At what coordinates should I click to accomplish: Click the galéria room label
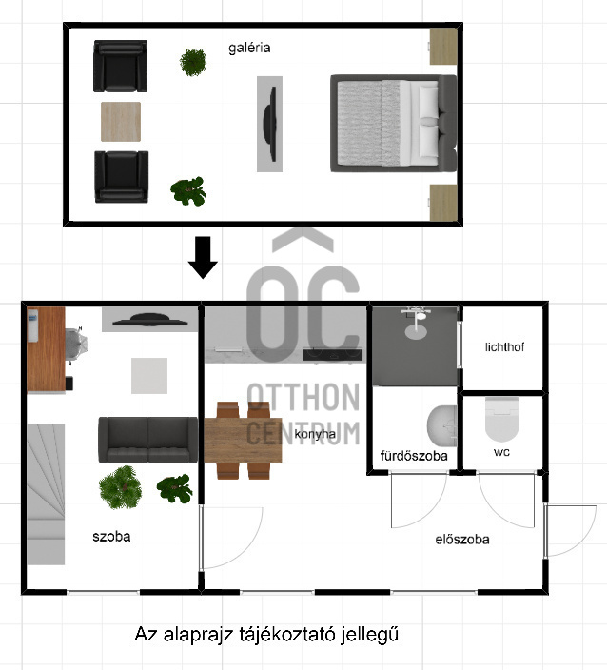pos(249,48)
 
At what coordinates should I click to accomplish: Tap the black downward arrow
pos(203,257)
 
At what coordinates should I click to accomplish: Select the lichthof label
pos(504,347)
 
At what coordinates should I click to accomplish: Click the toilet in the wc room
pos(501,419)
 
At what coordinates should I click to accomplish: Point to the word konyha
pos(315,434)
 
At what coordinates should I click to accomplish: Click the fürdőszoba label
pos(414,456)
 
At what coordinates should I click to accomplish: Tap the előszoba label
pos(462,540)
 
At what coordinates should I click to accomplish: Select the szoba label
pos(111,536)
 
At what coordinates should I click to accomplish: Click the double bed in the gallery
pos(394,124)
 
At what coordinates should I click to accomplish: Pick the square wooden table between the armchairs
pos(121,122)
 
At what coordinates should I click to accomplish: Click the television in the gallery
pos(269,124)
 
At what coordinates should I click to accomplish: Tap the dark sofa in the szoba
pos(148,440)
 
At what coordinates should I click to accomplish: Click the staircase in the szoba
pos(46,494)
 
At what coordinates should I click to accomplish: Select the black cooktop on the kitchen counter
pos(333,354)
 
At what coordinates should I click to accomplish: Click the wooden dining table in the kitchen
pos(243,440)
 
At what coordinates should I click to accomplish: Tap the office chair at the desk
pos(77,345)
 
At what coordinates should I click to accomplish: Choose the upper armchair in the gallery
pos(121,67)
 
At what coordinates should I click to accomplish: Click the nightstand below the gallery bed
pos(443,203)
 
